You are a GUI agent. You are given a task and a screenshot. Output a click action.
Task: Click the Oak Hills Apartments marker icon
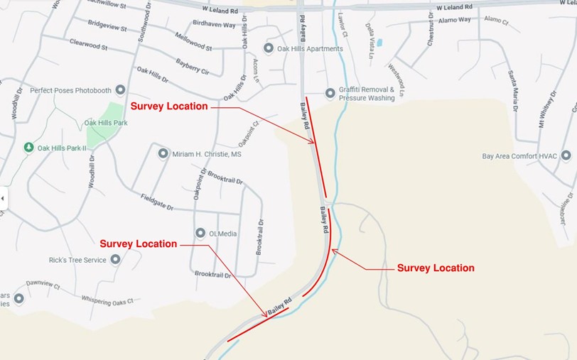point(269,48)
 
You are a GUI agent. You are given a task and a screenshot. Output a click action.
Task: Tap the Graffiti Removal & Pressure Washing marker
point(330,93)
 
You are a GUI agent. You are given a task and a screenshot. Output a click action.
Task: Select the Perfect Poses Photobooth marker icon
point(120,90)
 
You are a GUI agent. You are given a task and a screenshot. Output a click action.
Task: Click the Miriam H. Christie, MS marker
point(163,153)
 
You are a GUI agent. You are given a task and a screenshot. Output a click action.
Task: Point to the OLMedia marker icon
point(200,233)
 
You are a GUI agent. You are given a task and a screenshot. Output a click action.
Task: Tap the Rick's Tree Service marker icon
point(115,260)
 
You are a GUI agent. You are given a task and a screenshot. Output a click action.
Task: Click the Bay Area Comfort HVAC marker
point(566,156)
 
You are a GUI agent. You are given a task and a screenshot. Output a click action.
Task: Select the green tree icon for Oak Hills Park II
point(28,148)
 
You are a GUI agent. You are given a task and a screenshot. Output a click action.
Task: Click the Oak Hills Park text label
point(105,123)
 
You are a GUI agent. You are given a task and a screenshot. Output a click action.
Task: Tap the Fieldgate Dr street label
point(157,202)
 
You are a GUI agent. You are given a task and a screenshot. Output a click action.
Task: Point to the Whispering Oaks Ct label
point(107,301)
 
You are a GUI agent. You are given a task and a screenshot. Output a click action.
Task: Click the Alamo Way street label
point(455,20)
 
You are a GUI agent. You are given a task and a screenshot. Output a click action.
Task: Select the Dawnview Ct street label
point(43,284)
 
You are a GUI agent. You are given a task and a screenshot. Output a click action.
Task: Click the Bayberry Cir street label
point(192,67)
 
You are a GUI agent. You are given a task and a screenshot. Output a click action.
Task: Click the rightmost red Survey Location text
point(436,268)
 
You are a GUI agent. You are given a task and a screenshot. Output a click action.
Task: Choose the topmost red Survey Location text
point(169,107)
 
